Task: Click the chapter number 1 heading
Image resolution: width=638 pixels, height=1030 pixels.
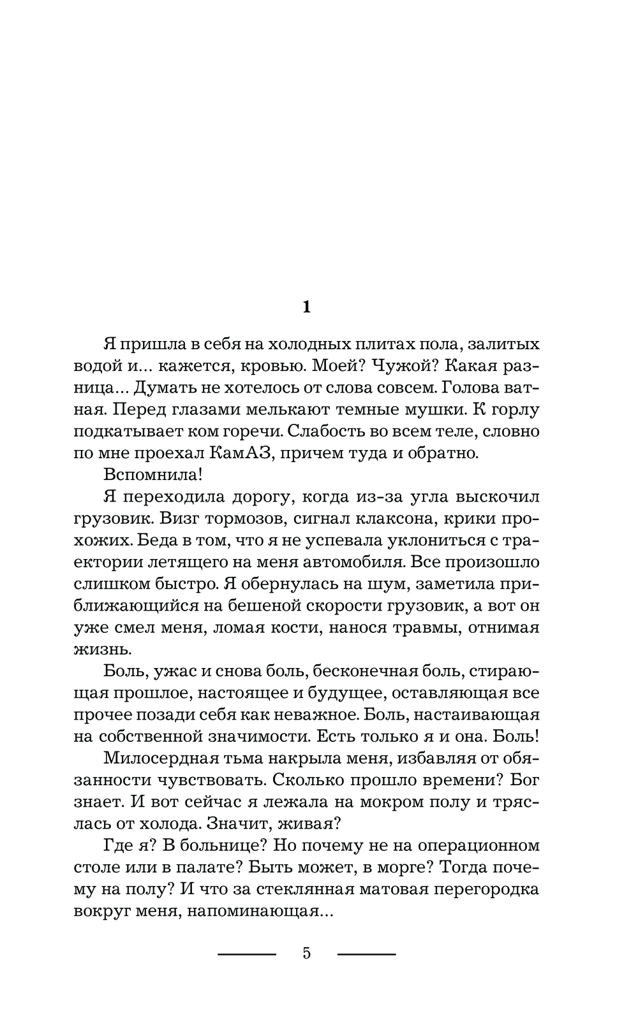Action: click(306, 307)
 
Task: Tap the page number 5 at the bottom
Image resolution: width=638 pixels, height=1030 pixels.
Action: click(306, 954)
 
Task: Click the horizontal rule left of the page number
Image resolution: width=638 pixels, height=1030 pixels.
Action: click(247, 954)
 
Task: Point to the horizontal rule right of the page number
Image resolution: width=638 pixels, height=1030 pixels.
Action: click(366, 954)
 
